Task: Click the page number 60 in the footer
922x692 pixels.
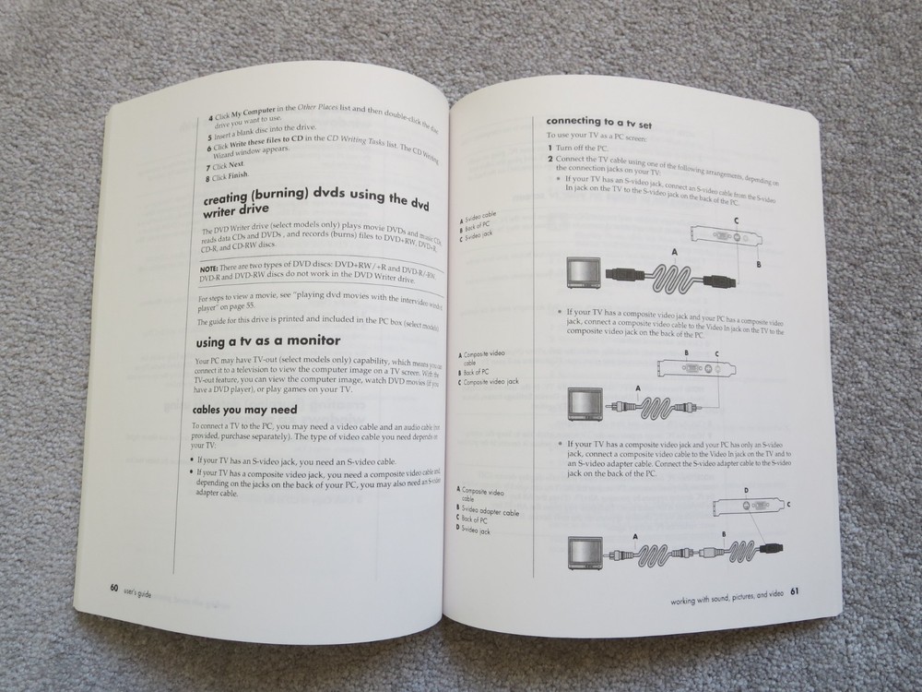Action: [113, 588]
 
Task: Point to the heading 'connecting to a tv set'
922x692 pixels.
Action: [609, 121]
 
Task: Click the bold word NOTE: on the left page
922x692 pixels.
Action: [213, 267]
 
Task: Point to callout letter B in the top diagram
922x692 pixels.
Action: [758, 264]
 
